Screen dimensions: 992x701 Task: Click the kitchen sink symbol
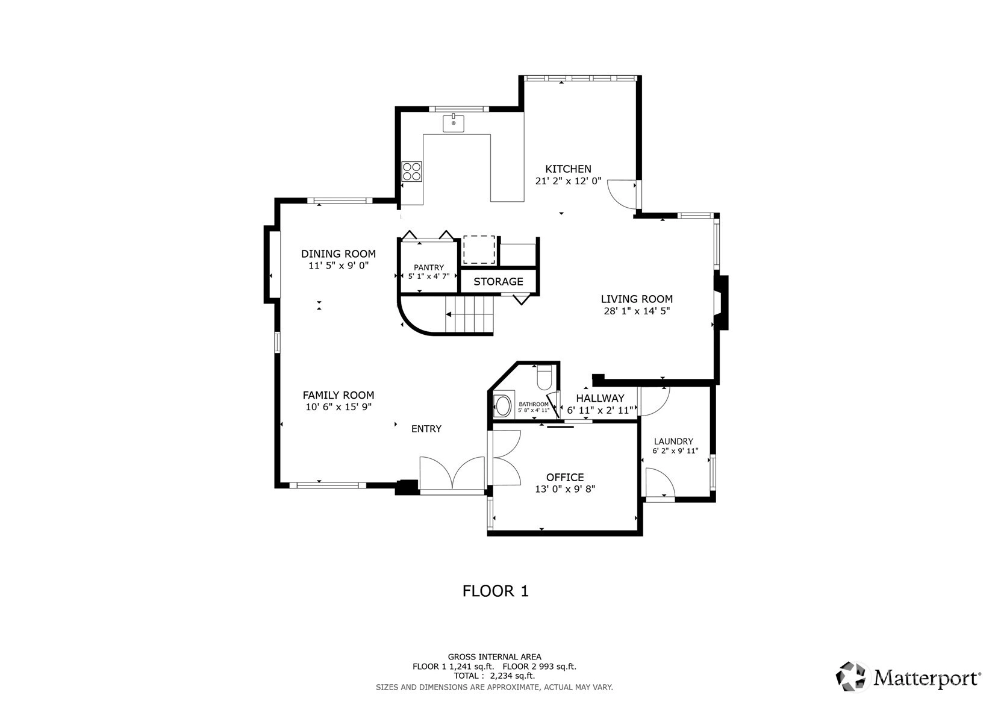tap(454, 123)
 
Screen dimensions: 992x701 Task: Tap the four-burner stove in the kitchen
tap(412, 172)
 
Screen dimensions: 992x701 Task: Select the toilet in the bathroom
tap(544, 377)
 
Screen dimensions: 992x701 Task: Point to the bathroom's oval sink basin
tap(502, 407)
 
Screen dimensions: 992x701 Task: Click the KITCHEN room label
tap(568, 169)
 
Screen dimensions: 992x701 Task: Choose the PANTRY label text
tap(429, 267)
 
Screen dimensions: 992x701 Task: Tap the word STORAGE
tap(498, 281)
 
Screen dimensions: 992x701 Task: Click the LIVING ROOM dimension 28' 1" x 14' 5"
tap(637, 311)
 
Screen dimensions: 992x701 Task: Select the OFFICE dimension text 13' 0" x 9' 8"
tap(565, 489)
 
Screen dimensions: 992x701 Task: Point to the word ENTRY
tap(426, 429)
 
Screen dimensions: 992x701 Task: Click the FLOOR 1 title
tap(496, 591)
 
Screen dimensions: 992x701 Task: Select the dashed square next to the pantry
tap(479, 250)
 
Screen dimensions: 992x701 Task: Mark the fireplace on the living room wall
tap(721, 303)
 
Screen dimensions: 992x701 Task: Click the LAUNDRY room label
tap(673, 441)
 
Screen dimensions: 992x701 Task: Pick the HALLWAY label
tap(600, 398)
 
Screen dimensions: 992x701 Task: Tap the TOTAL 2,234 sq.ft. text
tap(494, 676)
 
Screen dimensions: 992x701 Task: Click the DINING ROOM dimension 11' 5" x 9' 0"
tap(338, 266)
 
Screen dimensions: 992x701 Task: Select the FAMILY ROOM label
tap(338, 395)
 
